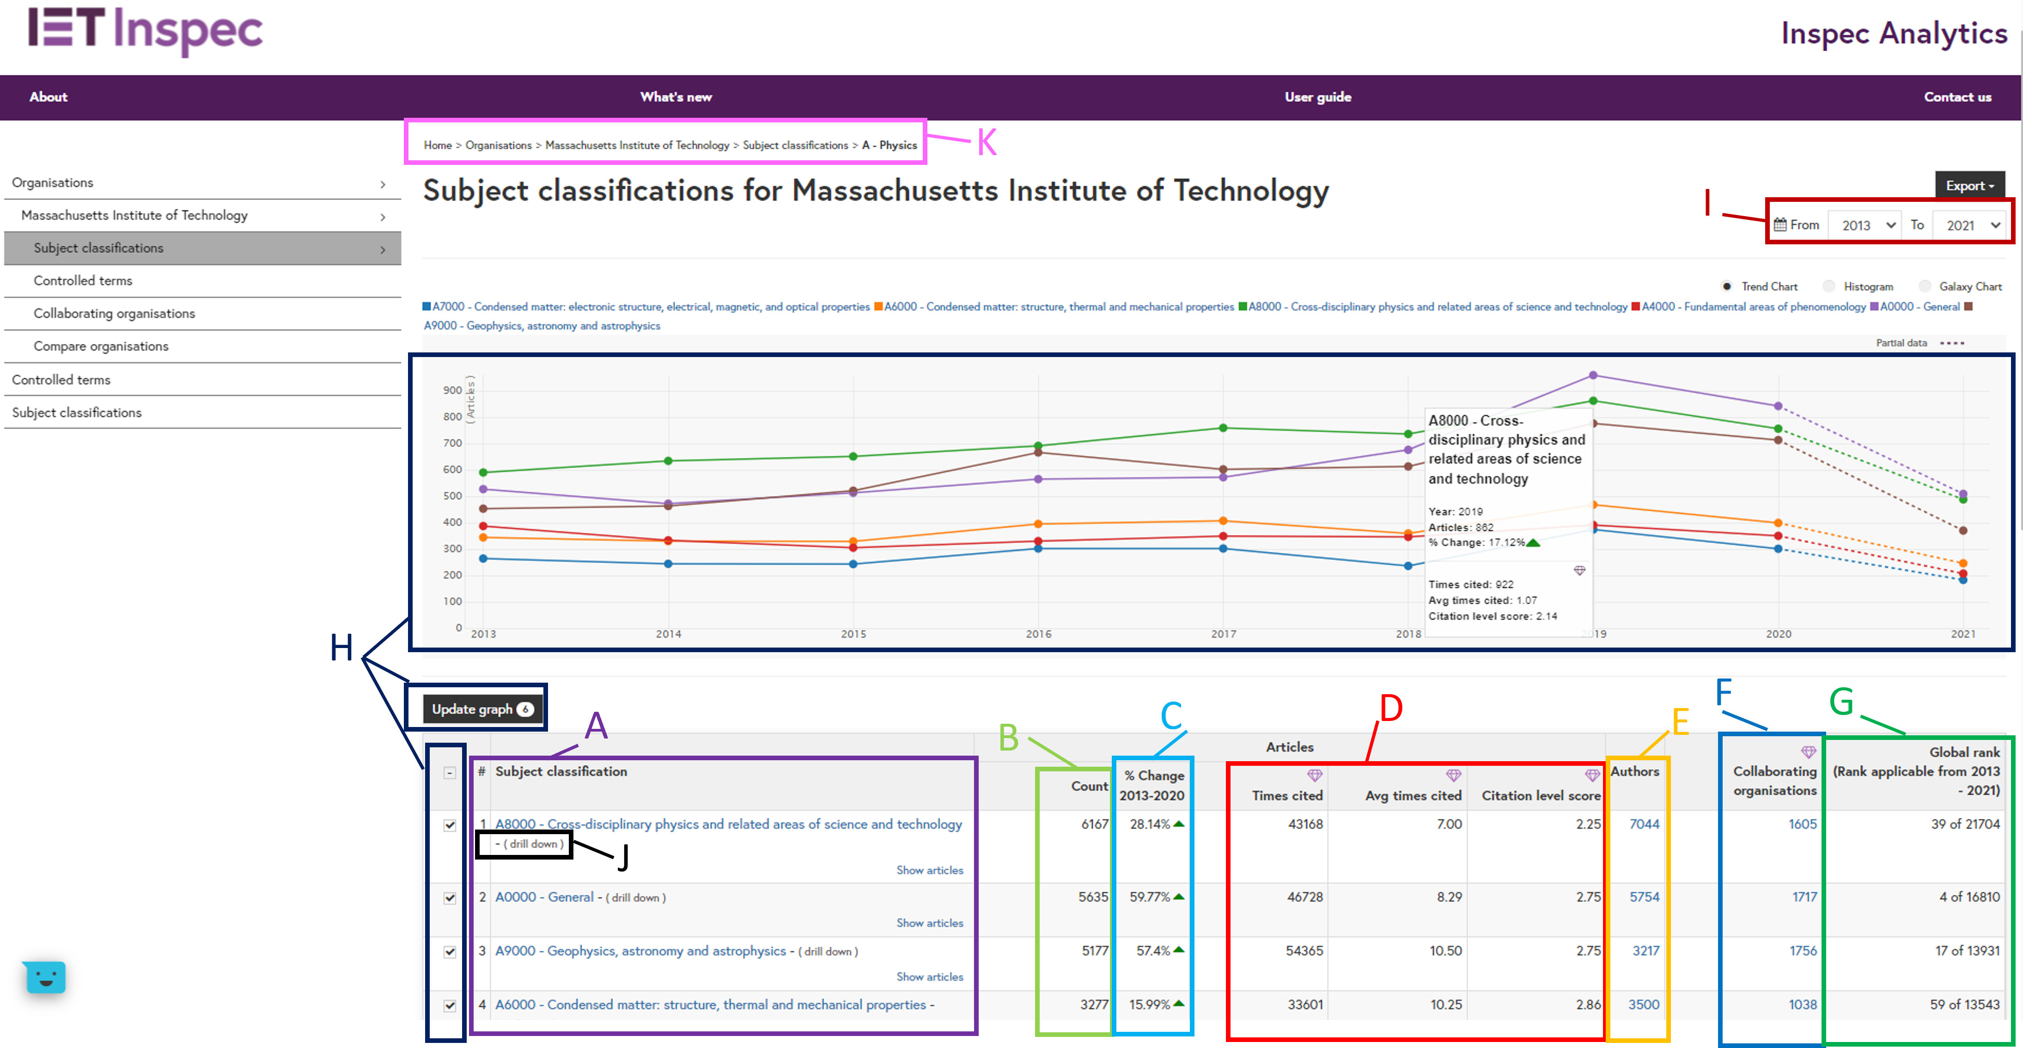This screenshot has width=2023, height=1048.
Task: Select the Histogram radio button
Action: pos(1829,286)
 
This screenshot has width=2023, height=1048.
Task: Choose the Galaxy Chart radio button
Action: pos(1925,286)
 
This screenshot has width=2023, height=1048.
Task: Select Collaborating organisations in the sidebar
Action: pos(114,313)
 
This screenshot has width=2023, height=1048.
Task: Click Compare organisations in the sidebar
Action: pos(101,346)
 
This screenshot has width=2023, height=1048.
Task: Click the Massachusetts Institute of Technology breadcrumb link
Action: pos(637,145)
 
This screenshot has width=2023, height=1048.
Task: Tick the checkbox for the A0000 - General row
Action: pos(450,898)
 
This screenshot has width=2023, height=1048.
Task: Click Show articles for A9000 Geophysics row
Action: pos(929,976)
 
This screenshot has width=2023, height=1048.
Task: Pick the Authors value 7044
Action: pos(1644,824)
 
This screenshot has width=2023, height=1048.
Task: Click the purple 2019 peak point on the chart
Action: pos(1593,375)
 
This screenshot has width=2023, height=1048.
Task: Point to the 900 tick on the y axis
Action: pos(452,390)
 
